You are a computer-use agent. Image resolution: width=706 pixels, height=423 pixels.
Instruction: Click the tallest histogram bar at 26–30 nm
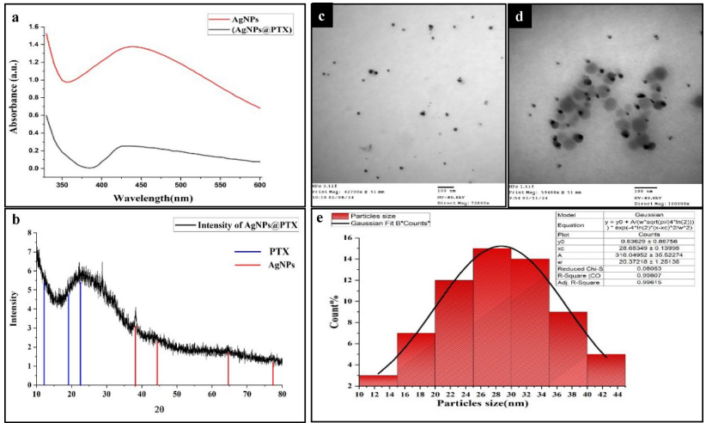pyautogui.click(x=490, y=322)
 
